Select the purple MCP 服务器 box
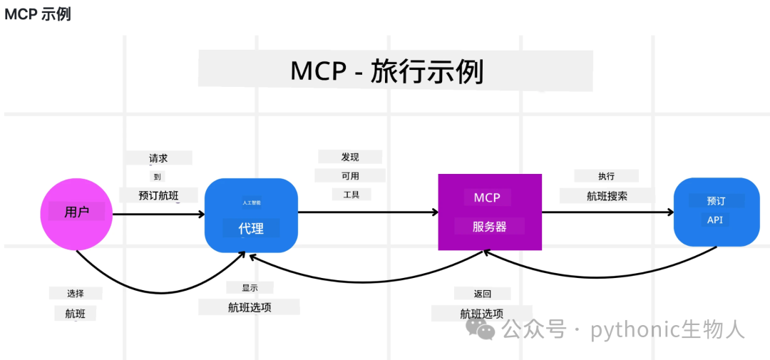[x=490, y=212]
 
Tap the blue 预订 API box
[x=717, y=212]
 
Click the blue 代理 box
[x=251, y=215]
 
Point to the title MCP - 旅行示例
[x=387, y=72]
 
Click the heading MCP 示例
[x=37, y=14]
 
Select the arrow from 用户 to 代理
[x=158, y=214]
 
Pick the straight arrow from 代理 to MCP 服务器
[x=368, y=212]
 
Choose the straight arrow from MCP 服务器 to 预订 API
[x=607, y=212]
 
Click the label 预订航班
[x=158, y=195]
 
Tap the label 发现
[x=350, y=157]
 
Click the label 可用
[x=350, y=175]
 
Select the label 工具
[x=351, y=194]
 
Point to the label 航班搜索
[x=607, y=196]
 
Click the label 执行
[x=606, y=176]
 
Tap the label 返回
[x=482, y=294]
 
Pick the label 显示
[x=250, y=288]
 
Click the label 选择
[x=76, y=294]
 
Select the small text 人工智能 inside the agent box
[x=250, y=201]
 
